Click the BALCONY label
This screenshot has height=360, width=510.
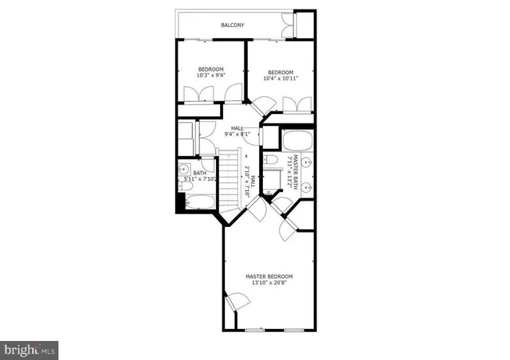pos(233,25)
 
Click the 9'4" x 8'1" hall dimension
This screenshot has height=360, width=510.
pos(237,135)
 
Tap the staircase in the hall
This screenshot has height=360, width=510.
pos(229,177)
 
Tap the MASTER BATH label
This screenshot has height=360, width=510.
pos(295,170)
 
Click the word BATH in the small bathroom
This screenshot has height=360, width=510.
pos(199,172)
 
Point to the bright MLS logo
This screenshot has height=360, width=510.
pos(29,349)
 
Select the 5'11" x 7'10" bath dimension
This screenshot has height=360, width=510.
pos(199,179)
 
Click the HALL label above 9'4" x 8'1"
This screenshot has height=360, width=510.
pos(237,127)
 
